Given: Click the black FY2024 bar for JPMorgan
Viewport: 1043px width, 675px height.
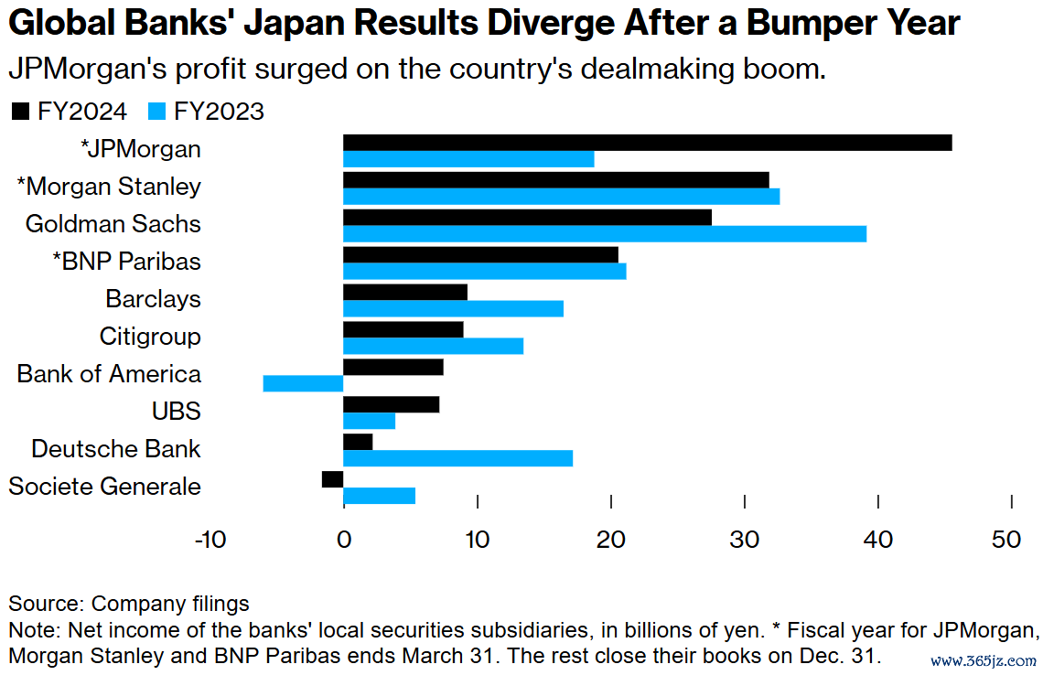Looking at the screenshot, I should (647, 143).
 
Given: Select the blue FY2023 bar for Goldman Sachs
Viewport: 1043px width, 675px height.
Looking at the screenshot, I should (604, 234).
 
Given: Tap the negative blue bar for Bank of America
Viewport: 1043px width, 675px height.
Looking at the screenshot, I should (303, 383).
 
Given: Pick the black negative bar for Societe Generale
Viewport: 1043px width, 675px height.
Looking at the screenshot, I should (332, 479).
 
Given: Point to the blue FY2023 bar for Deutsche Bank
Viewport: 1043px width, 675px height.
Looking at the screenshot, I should (457, 458).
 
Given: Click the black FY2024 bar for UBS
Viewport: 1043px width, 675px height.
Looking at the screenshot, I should (391, 404).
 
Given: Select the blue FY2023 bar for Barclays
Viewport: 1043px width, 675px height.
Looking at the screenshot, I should (453, 309).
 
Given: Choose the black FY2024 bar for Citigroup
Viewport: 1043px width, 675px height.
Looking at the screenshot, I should (403, 329).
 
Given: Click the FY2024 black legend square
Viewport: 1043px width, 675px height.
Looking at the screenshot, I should (19, 112).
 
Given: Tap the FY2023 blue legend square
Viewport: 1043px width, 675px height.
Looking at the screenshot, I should (156, 112).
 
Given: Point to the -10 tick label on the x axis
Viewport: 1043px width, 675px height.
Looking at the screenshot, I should (210, 541).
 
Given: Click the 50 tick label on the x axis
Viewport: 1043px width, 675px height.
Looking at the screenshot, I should (1006, 541).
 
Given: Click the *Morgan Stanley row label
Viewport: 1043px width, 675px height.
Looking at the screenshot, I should (109, 187).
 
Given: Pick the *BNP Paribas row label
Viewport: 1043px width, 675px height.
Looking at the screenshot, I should (125, 262).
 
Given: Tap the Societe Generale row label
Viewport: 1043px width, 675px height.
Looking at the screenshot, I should (104, 487).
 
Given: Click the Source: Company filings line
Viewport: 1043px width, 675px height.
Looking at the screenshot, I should (129, 604).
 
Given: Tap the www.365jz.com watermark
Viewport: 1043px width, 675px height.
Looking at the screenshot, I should (984, 659).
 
